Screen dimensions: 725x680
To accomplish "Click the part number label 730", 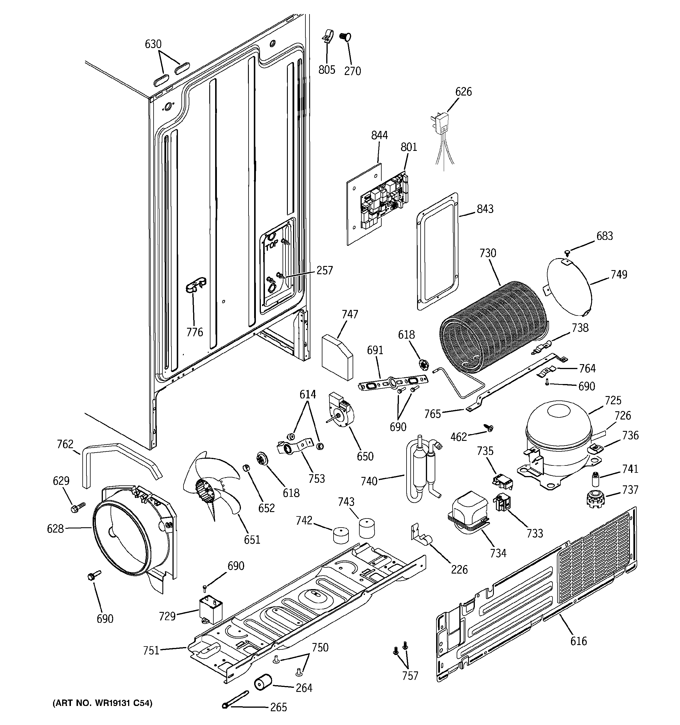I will click(488, 253).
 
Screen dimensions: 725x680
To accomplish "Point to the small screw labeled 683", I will click(567, 252).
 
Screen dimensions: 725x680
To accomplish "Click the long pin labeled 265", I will click(235, 699).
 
